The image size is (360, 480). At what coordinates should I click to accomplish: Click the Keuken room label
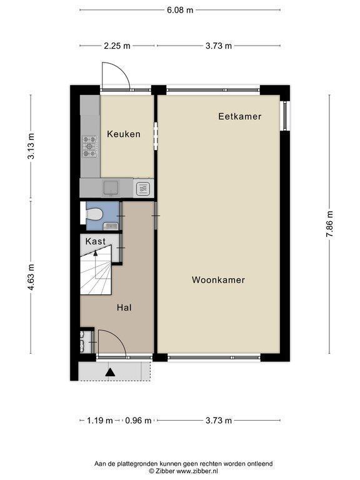point(124,134)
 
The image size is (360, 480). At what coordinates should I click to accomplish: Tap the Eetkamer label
point(240,116)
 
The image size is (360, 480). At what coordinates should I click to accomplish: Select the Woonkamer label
point(218,280)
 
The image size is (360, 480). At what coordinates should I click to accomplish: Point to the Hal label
point(124,307)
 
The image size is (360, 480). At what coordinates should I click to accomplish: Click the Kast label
point(96,241)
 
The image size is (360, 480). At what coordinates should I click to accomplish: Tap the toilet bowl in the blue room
point(94,214)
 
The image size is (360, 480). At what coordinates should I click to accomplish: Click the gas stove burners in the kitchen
point(90,147)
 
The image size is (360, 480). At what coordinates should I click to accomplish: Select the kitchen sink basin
point(111,187)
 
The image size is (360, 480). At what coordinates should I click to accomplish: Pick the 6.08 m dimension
point(180,10)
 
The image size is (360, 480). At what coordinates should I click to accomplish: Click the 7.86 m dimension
point(329,224)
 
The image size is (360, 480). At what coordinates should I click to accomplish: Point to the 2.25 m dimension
point(117,46)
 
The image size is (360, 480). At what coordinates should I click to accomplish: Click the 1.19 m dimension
point(100,421)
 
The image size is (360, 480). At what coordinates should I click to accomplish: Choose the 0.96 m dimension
point(138,421)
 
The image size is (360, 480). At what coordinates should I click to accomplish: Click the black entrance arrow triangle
point(110,372)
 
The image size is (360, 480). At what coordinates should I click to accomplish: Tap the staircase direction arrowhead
point(96,253)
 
